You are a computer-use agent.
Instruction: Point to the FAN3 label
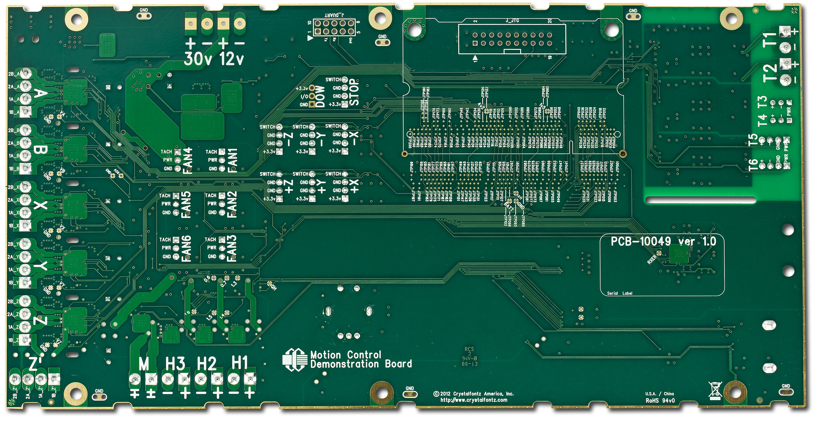[232, 248]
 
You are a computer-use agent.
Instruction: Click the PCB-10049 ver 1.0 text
[663, 242]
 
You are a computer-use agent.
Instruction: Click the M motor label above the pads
[144, 364]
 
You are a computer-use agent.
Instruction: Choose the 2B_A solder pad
[27, 74]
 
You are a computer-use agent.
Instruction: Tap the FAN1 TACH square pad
[222, 152]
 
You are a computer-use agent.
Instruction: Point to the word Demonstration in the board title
[344, 364]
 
